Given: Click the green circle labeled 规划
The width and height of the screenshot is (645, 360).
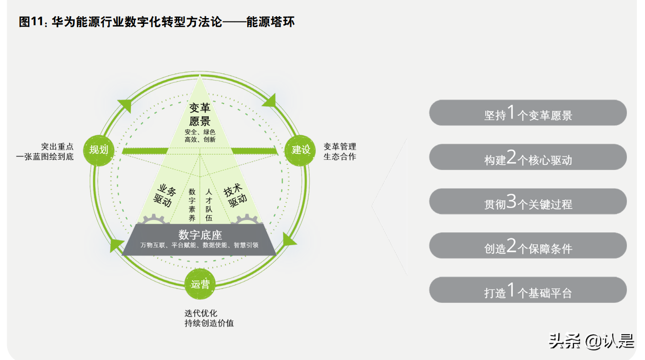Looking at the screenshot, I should click(99, 150).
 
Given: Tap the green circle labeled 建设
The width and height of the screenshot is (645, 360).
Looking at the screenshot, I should click(301, 150).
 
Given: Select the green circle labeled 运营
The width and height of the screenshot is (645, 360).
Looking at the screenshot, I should click(200, 284).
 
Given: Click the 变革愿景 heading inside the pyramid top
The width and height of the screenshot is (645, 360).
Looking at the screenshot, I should click(200, 114).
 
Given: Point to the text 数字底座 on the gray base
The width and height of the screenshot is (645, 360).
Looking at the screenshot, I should click(200, 235).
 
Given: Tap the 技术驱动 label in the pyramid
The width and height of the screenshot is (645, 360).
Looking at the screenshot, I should click(236, 196).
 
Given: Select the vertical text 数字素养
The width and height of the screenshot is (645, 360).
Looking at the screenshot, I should click(192, 205).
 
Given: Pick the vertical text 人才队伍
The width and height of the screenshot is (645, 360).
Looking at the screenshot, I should click(209, 205).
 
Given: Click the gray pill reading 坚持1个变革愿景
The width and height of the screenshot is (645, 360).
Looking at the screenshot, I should click(528, 113).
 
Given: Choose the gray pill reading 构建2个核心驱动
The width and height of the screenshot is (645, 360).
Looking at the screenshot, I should click(528, 157).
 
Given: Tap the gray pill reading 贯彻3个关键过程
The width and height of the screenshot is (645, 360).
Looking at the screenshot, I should click(528, 201).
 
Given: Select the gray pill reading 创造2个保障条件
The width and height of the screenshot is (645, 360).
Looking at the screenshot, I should click(528, 246).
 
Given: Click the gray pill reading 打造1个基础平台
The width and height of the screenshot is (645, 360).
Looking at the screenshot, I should click(528, 290).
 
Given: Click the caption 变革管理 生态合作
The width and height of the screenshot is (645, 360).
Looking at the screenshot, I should click(340, 151).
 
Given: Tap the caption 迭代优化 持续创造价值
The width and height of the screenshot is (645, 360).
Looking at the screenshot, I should click(209, 318).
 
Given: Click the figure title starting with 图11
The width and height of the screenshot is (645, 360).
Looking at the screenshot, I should click(157, 22).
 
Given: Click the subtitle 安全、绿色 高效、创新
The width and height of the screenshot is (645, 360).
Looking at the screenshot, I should click(200, 136).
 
